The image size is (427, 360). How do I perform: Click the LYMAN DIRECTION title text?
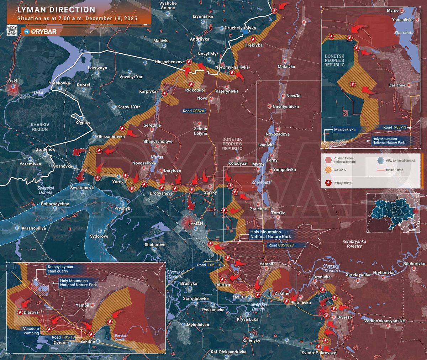pos(56,10)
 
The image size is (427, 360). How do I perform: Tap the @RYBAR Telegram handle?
pos(43,32)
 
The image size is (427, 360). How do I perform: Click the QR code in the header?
pos(12,31)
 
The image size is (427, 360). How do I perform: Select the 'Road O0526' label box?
pos(194,111)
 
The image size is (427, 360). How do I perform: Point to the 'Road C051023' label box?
pos(281,245)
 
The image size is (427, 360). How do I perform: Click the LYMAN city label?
pos(195,224)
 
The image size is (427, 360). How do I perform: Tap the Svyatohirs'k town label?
pos(82,188)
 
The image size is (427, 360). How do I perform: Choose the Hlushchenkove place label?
pos(170,62)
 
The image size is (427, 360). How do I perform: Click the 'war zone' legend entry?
pos(340,170)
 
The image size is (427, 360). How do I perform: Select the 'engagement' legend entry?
pos(342,183)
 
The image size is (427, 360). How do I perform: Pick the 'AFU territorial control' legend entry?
pos(400,161)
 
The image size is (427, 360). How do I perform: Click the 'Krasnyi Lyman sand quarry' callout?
pos(60,269)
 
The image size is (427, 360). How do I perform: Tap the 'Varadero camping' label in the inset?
pos(31,331)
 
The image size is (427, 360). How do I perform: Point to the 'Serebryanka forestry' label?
pos(354,244)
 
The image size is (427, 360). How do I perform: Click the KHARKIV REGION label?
pos(40,127)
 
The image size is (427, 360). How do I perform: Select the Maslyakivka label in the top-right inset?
pos(344,129)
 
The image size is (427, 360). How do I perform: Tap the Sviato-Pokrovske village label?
pos(318,353)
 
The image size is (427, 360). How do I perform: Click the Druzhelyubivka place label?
pos(240,28)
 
